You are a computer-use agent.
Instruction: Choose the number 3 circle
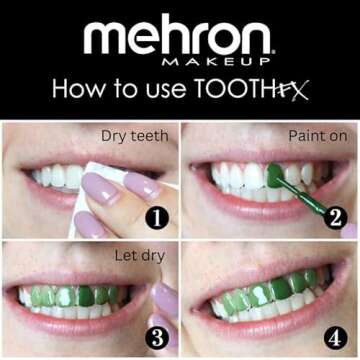coord(155,338)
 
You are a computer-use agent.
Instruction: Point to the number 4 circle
coord(335,338)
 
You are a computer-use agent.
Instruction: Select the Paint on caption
coord(316,134)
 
